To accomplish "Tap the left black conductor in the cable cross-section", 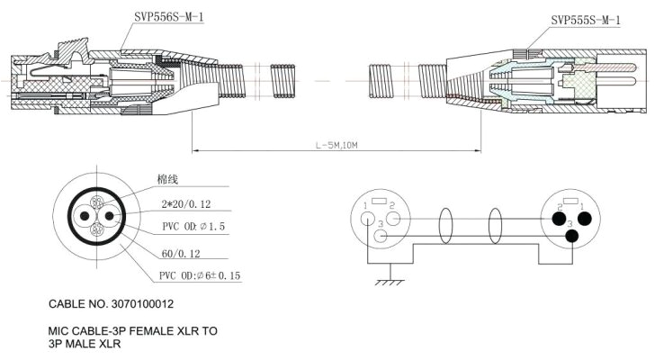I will [x=85, y=217].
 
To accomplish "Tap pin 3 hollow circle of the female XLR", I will [x=381, y=237].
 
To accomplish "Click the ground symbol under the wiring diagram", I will [x=390, y=282].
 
